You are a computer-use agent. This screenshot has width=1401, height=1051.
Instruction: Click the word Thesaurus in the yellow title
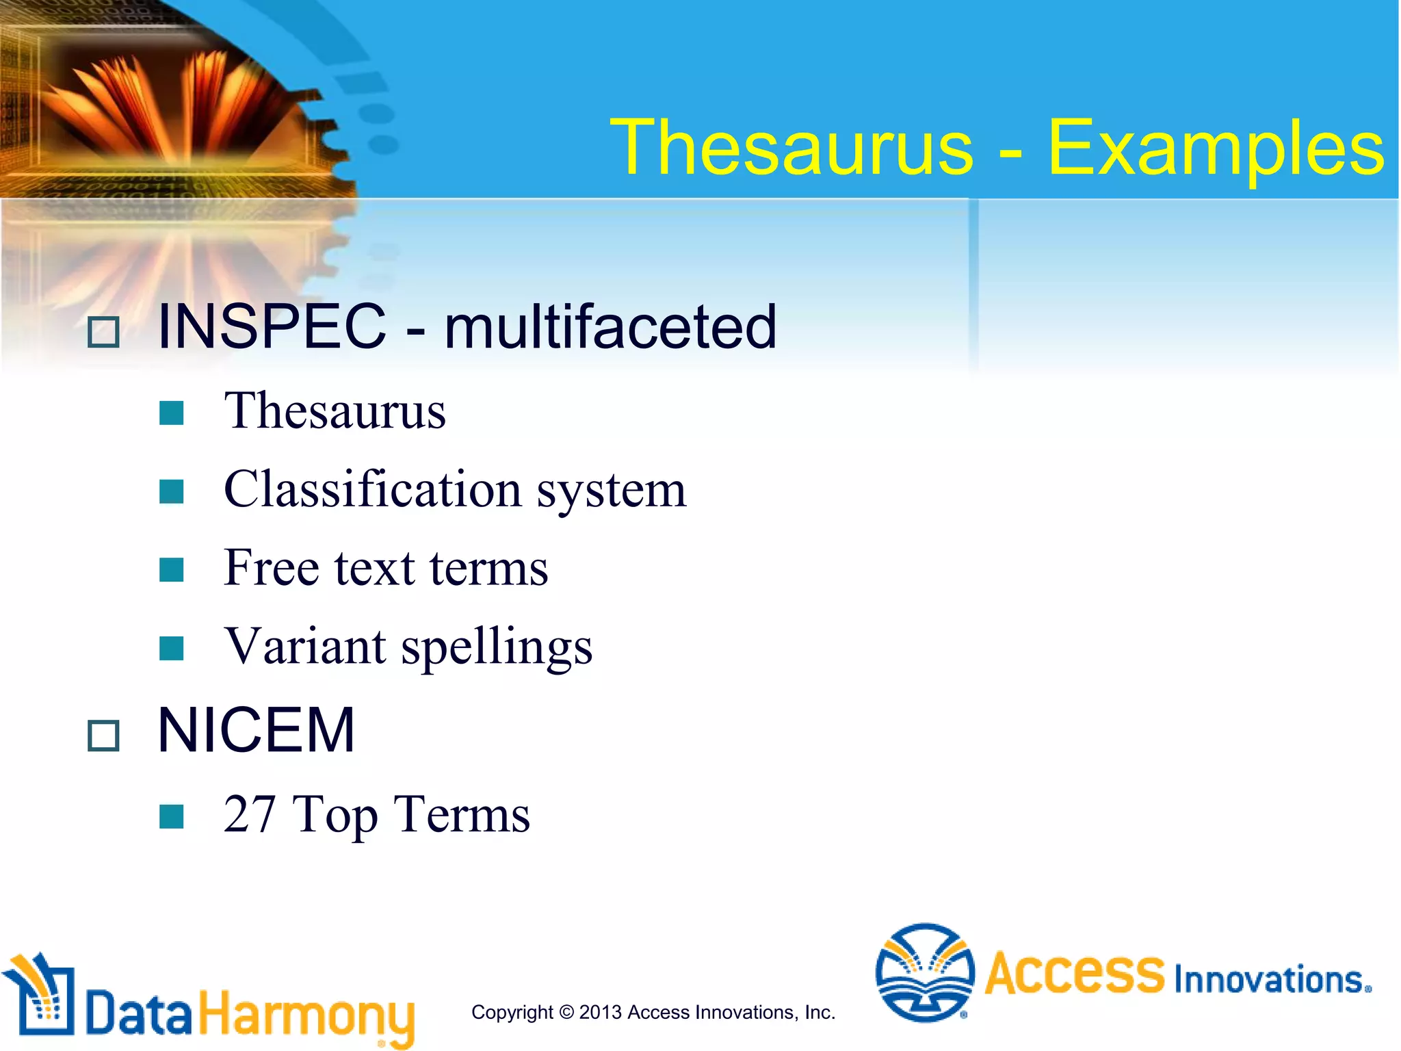click(x=791, y=148)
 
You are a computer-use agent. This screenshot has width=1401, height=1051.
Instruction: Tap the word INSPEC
click(x=272, y=326)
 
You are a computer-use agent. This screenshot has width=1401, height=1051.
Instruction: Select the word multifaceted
click(x=610, y=326)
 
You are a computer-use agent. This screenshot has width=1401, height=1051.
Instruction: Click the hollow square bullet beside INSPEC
click(x=104, y=333)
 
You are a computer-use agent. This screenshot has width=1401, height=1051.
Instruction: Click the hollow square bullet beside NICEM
click(x=104, y=736)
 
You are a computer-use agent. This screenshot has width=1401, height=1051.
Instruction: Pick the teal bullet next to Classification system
click(x=171, y=491)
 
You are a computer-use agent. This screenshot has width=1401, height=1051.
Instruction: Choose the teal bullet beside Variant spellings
click(x=171, y=648)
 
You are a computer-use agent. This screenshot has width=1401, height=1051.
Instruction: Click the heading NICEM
click(x=256, y=731)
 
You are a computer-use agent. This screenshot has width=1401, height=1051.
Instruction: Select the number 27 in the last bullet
click(x=249, y=814)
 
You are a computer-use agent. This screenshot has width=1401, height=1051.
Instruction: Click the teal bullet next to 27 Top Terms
click(x=171, y=816)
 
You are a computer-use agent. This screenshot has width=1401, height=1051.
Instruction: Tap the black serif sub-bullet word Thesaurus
click(x=335, y=411)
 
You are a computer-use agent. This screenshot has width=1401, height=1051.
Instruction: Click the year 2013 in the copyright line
click(x=601, y=1012)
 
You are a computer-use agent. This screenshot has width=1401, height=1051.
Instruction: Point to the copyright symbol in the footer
click(x=566, y=1012)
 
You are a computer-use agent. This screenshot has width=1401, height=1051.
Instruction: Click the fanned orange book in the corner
click(x=171, y=103)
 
